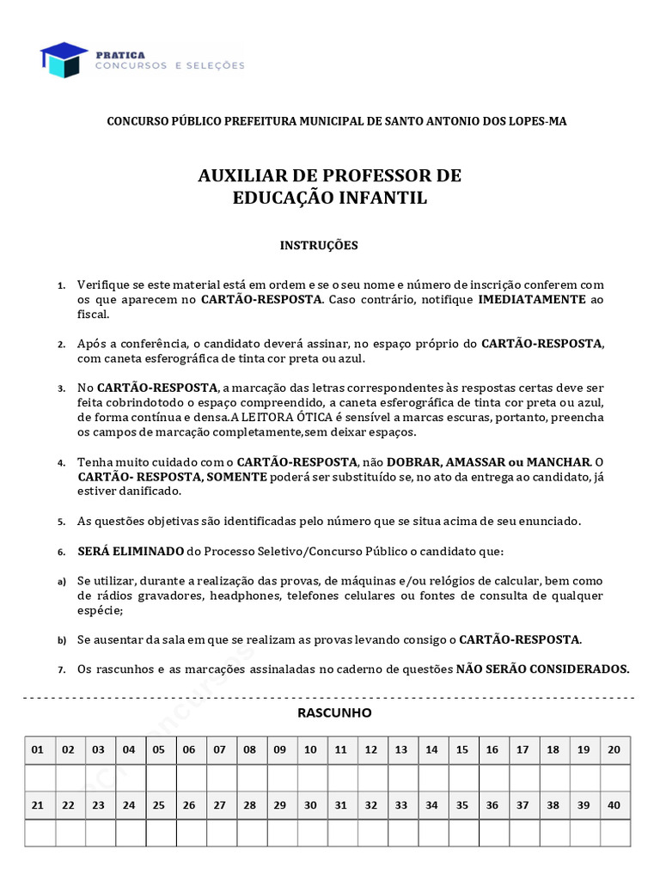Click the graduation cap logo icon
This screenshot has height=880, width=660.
tap(63, 59)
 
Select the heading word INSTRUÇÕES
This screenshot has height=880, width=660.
tap(319, 245)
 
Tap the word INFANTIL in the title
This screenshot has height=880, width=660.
tap(388, 198)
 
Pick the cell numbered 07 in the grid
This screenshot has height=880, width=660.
tap(219, 749)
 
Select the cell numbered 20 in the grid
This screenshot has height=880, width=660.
tap(614, 749)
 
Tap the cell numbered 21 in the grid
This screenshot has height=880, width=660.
tap(38, 805)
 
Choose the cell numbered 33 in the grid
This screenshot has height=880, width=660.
tap(401, 805)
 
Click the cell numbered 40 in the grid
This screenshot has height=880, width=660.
tap(614, 805)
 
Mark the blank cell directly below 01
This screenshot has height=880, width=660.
tap(38, 777)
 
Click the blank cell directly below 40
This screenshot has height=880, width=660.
tap(614, 833)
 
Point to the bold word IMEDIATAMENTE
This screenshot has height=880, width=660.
tap(532, 300)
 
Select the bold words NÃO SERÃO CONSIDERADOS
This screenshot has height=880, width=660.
tap(542, 669)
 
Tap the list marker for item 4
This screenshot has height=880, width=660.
tap(61, 463)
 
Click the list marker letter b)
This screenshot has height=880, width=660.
tap(61, 640)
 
